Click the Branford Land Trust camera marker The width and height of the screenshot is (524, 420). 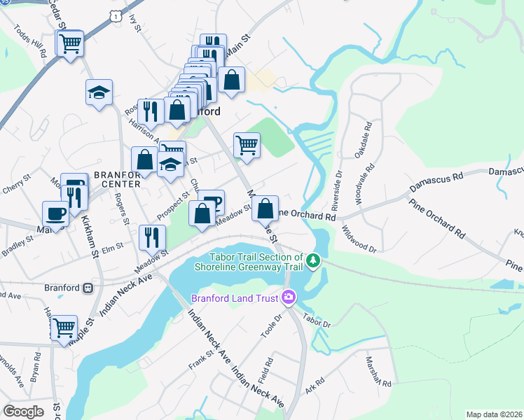[288, 298]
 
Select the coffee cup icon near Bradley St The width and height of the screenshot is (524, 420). [55, 213]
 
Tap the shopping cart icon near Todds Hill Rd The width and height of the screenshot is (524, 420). [70, 44]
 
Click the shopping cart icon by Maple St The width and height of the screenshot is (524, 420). [64, 328]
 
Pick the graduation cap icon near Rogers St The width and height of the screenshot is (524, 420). [99, 92]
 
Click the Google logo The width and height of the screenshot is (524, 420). [23, 412]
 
